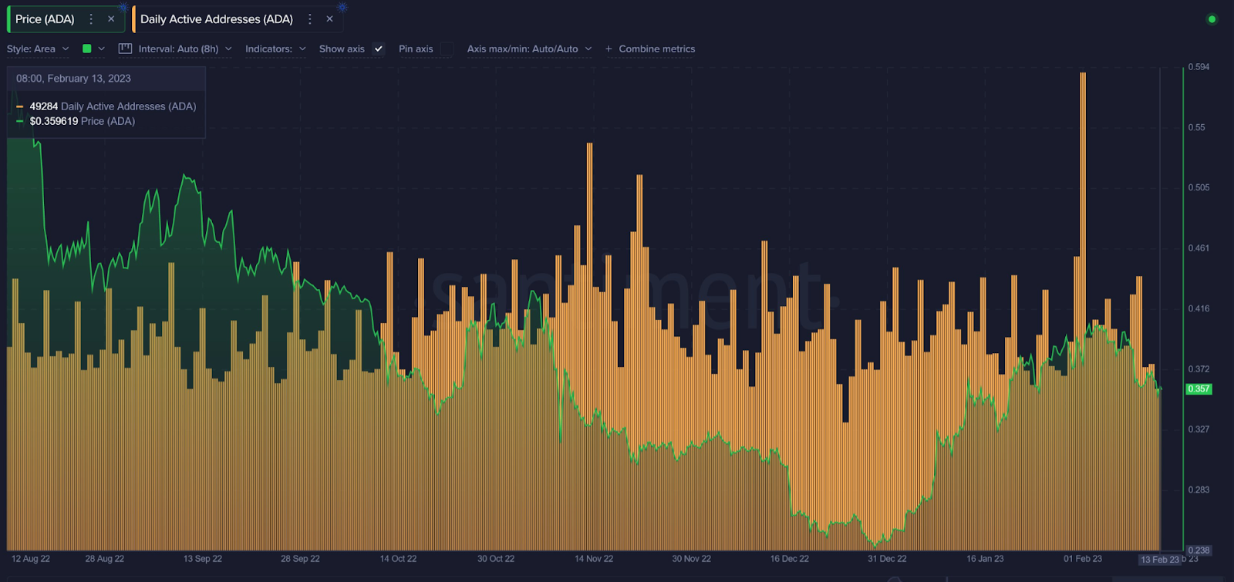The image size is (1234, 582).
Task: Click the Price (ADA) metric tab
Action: (x=45, y=19)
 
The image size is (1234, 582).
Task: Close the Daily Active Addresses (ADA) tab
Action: (x=329, y=19)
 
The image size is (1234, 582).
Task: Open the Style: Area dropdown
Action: (x=38, y=49)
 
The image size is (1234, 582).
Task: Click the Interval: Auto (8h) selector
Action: (x=177, y=49)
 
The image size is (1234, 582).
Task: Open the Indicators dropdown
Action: (x=275, y=49)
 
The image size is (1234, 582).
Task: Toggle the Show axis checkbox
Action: (x=378, y=49)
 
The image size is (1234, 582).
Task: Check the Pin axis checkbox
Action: (x=447, y=49)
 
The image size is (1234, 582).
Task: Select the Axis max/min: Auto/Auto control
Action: (x=529, y=49)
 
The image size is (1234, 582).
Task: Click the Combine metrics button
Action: (x=650, y=49)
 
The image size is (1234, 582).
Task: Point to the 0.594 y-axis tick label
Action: (x=1199, y=67)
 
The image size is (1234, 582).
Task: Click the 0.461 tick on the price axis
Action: (x=1199, y=248)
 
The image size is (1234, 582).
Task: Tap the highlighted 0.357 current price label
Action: (x=1199, y=389)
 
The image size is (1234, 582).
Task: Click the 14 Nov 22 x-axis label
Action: (x=594, y=559)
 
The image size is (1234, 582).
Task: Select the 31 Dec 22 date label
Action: (x=887, y=559)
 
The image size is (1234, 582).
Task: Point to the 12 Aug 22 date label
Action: (x=31, y=559)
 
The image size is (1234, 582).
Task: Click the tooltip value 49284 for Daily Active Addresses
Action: (x=44, y=106)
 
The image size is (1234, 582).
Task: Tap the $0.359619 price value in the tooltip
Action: (x=54, y=121)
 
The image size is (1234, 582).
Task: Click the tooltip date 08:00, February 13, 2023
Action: (x=73, y=79)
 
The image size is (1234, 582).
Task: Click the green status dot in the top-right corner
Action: (x=1212, y=19)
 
